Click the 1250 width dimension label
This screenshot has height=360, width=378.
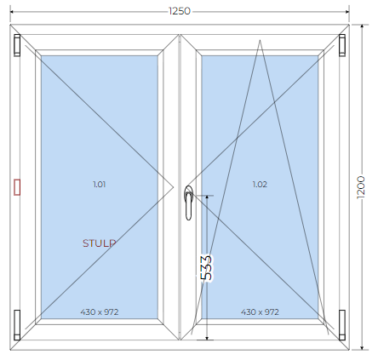pos(180,11)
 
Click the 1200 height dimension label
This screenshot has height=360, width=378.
pos(361,187)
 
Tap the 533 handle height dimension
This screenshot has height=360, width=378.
pos(206,268)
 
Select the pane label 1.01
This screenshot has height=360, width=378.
pos(100,185)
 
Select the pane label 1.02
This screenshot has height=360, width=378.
pos(260,185)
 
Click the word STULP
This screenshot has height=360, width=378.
pos(100,243)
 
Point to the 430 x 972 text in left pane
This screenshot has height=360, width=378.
pos(100,312)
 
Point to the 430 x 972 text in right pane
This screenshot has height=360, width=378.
pos(260,312)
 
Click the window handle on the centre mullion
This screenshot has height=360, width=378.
pos(188,203)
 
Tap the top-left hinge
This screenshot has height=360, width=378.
pos(17,45)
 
